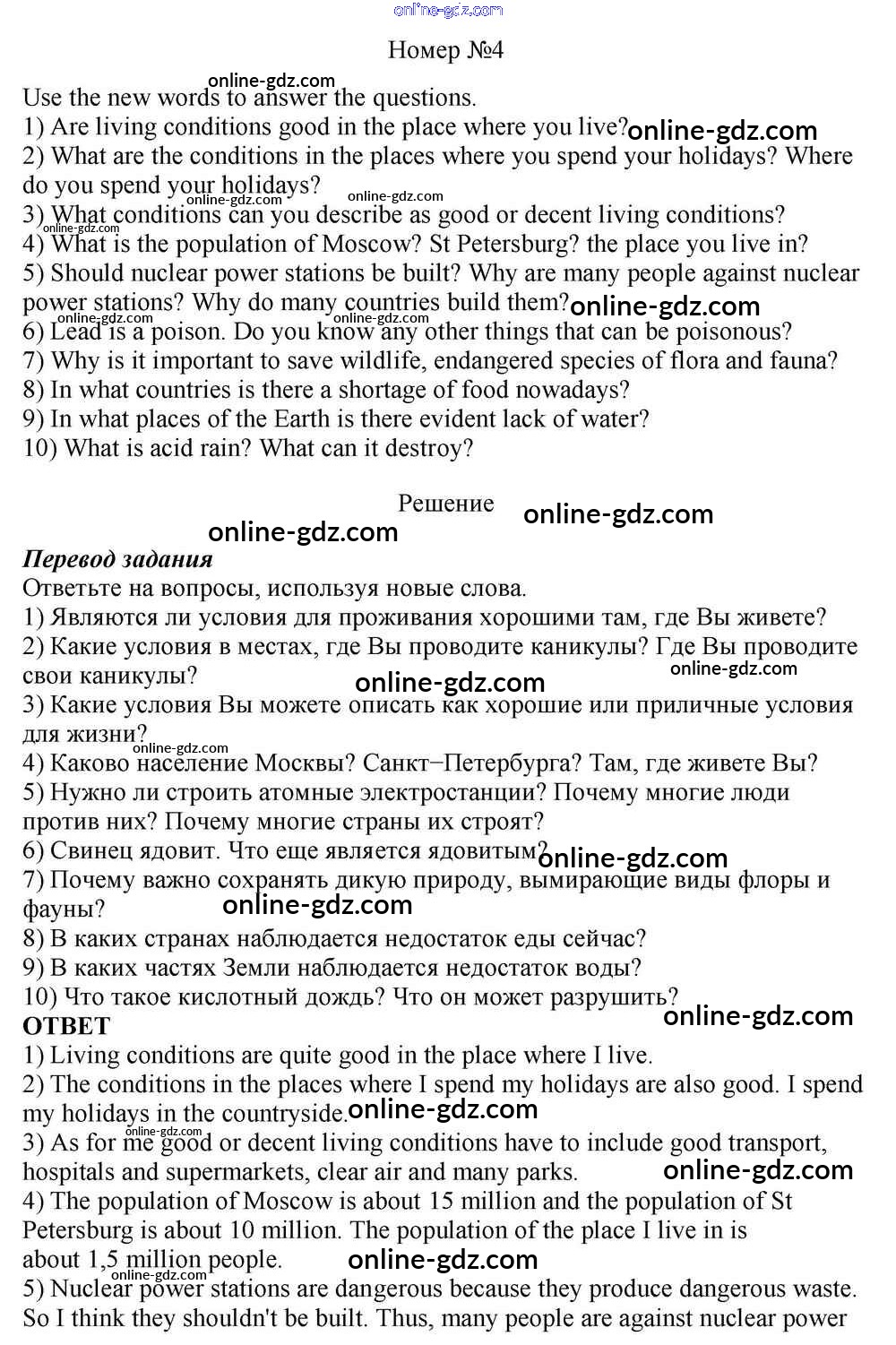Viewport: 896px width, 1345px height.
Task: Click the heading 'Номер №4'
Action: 445,49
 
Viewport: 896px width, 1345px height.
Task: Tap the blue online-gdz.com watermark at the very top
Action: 448,10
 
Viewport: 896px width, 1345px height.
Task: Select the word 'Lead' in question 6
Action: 75,332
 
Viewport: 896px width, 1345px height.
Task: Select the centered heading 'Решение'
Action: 445,504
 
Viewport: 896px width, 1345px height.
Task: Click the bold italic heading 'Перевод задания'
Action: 117,559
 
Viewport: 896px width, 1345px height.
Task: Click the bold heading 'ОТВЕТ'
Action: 66,1026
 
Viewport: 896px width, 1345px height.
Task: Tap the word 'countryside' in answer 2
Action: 279,1114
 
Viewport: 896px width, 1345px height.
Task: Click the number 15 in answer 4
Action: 443,1201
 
